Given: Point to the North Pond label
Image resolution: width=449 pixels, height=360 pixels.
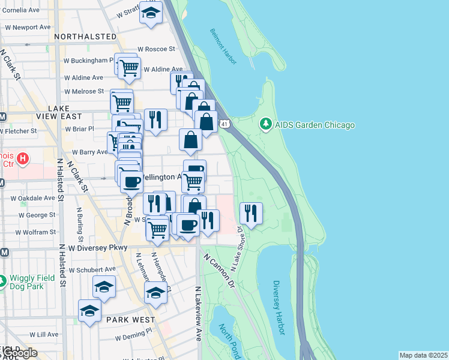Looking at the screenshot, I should pyautogui.click(x=229, y=340).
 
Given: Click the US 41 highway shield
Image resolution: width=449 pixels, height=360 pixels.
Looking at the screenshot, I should pyautogui.click(x=223, y=124).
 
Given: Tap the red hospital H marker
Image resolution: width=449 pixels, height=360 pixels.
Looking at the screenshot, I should pyautogui.click(x=22, y=159).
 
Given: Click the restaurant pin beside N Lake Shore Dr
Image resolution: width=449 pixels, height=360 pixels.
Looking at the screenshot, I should pyautogui.click(x=251, y=213).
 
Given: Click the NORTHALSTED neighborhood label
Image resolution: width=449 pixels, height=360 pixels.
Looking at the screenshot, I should pyautogui.click(x=85, y=37).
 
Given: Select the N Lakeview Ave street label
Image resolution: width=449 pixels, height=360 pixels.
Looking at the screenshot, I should pyautogui.click(x=197, y=314).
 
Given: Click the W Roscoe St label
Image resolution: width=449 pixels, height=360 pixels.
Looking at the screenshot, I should pyautogui.click(x=156, y=49).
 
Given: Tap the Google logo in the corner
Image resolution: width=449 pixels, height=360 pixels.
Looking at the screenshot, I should pyautogui.click(x=19, y=353).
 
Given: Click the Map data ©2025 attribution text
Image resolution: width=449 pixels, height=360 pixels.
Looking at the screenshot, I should pyautogui.click(x=423, y=355).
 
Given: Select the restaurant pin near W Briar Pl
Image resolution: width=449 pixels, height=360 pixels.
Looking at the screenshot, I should pyautogui.click(x=155, y=119).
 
